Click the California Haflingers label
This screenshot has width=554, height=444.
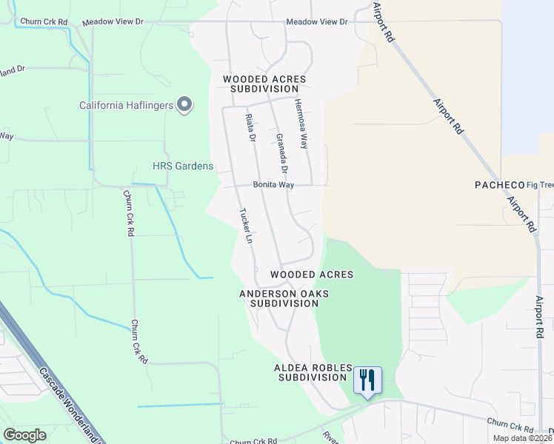click(x=126, y=105)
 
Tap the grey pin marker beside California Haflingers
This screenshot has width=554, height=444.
click(x=185, y=105)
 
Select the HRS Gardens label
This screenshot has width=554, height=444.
click(x=182, y=166)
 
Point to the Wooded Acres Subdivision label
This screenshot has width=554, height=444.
click(x=264, y=84)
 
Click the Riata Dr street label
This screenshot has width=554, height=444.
click(x=250, y=128)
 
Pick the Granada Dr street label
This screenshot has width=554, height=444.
click(x=281, y=149)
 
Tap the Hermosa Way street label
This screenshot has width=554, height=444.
click(x=301, y=124)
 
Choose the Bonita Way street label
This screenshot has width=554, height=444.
click(x=273, y=185)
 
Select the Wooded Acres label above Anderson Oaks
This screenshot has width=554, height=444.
click(x=311, y=275)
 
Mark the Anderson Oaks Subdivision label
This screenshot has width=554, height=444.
click(x=284, y=298)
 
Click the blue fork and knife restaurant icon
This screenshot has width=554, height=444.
click(x=367, y=381)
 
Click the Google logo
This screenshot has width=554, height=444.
click(x=25, y=435)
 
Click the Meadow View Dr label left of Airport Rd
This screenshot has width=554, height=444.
click(x=317, y=22)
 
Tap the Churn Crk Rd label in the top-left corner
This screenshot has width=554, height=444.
click(x=44, y=22)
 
